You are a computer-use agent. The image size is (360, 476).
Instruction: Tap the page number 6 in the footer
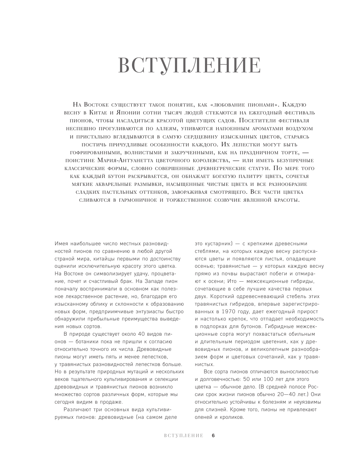[213, 436]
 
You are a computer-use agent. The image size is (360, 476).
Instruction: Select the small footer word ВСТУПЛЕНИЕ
[183, 436]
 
